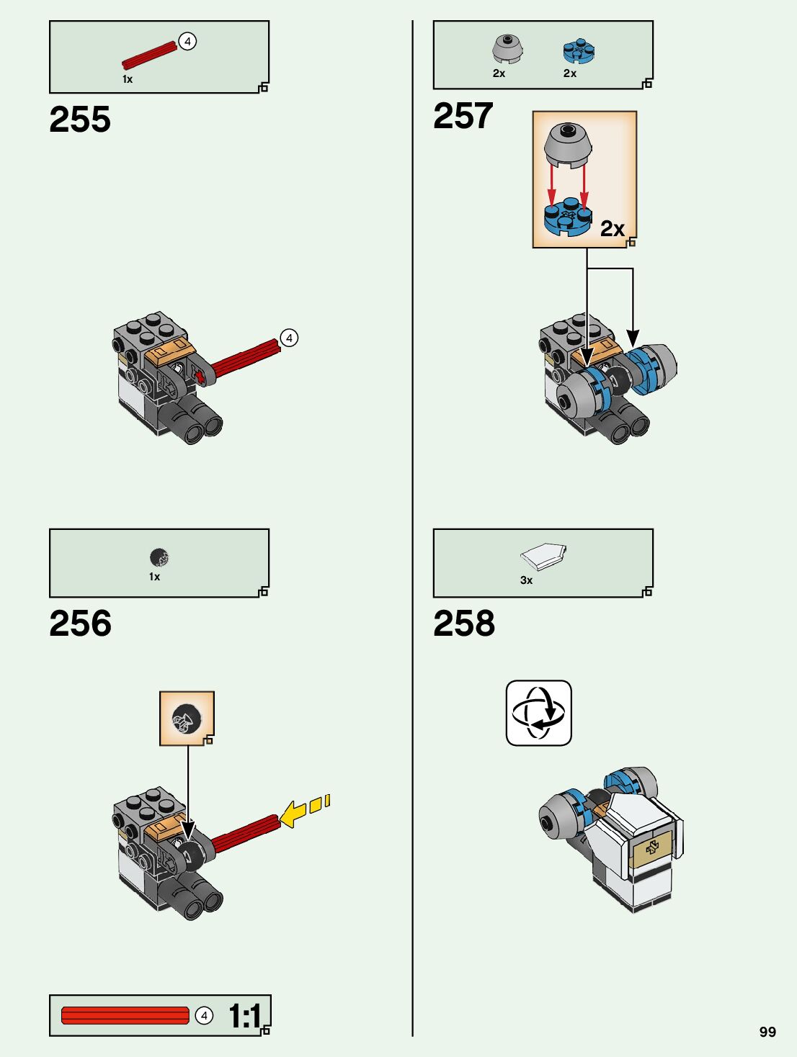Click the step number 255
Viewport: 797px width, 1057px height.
pyautogui.click(x=80, y=120)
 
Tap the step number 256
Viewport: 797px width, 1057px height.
pyautogui.click(x=80, y=624)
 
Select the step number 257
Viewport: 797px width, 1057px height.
pyautogui.click(x=463, y=116)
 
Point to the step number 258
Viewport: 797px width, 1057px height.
pyautogui.click(x=464, y=624)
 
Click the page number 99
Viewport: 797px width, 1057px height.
pyautogui.click(x=767, y=1032)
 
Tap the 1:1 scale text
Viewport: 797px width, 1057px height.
pyautogui.click(x=245, y=1016)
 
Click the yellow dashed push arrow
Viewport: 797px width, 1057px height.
pyautogui.click(x=304, y=810)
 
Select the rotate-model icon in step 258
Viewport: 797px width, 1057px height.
pyautogui.click(x=538, y=713)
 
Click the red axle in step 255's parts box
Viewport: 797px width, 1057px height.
pyautogui.click(x=150, y=55)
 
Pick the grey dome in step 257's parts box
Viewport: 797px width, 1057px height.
pyautogui.click(x=507, y=49)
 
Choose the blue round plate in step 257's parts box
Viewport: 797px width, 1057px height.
pyautogui.click(x=578, y=50)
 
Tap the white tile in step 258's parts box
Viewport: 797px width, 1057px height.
pyautogui.click(x=543, y=557)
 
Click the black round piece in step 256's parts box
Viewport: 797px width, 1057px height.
pyautogui.click(x=159, y=557)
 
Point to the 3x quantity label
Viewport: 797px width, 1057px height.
pyautogui.click(x=526, y=580)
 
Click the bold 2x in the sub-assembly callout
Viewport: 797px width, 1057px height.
pyautogui.click(x=612, y=229)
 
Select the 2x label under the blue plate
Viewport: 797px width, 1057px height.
pyautogui.click(x=569, y=73)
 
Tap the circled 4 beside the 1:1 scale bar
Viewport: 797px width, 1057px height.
pyautogui.click(x=204, y=1015)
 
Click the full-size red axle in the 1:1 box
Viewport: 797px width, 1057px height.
pyautogui.click(x=125, y=1015)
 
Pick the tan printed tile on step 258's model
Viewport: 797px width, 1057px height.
pyautogui.click(x=652, y=849)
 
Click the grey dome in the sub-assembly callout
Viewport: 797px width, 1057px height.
pyautogui.click(x=568, y=143)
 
